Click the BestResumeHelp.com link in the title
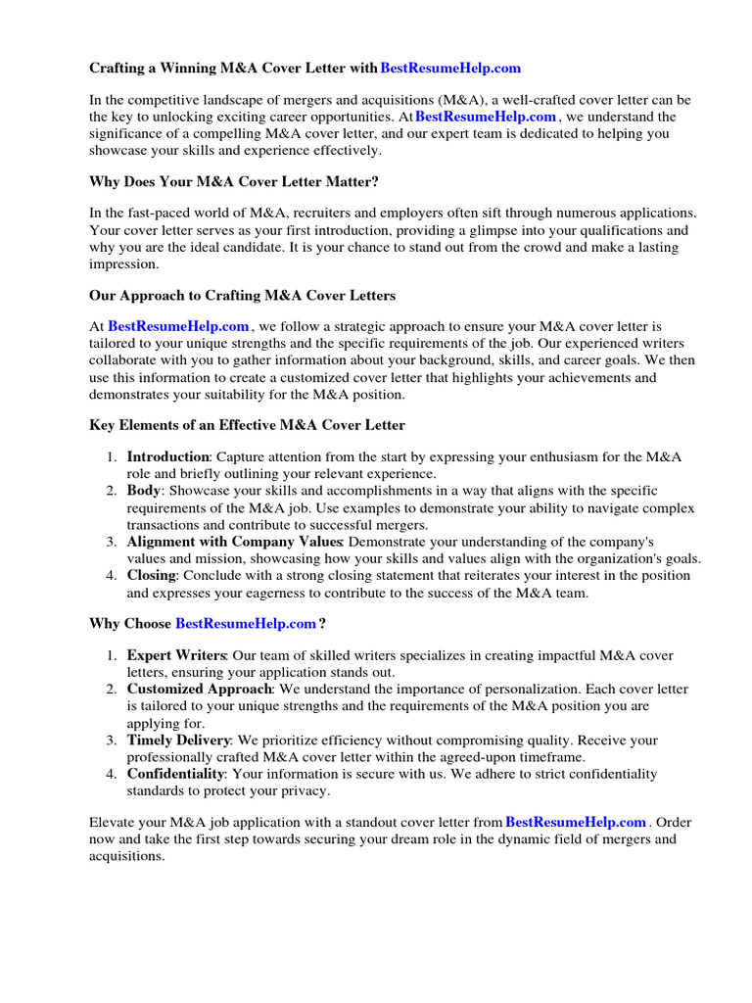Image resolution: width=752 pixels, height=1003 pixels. coord(449,69)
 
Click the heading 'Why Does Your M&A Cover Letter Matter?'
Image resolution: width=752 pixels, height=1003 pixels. coord(234,181)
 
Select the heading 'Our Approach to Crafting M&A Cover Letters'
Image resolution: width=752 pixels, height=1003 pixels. coord(243,295)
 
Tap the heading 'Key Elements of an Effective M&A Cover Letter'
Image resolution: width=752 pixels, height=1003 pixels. coord(247,425)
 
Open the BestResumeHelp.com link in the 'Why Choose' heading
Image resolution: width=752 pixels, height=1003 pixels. coord(246,624)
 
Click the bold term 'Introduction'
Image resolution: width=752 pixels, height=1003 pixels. coord(168,457)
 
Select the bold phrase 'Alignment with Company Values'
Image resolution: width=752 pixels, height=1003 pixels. coord(234,542)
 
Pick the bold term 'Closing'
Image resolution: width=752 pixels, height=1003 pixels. coord(151,576)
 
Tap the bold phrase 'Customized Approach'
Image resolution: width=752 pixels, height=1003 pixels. coord(201,690)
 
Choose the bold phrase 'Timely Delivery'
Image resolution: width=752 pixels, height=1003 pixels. coord(179,740)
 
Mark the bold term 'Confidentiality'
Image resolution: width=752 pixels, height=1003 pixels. coord(175,774)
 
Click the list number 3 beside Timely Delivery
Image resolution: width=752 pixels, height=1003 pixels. coord(112,740)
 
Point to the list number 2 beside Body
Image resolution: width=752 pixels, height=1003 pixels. coord(112,491)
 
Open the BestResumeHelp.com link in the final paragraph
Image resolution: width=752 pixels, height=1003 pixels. coord(576,823)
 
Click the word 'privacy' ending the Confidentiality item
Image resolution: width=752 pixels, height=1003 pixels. coord(304,790)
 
